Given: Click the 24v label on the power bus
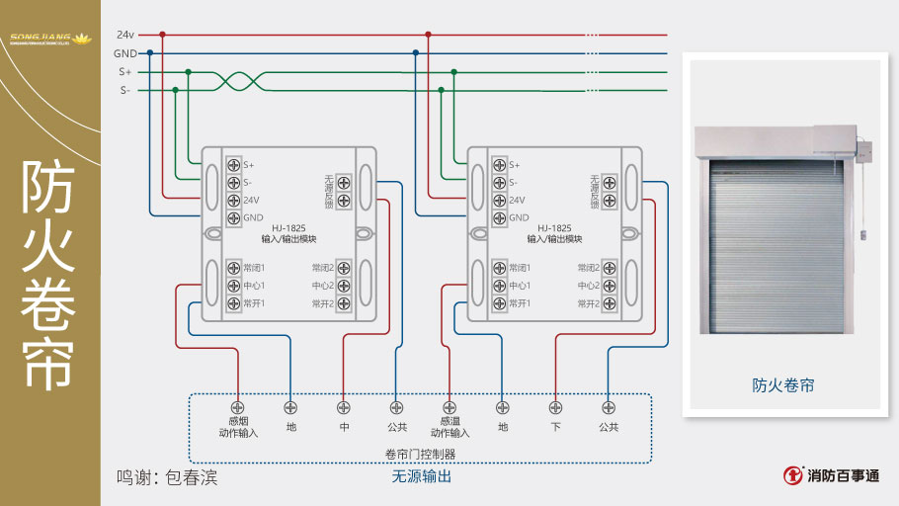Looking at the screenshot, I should pos(125,35).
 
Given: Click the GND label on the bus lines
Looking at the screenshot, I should pos(125,53).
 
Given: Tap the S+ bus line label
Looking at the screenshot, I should pos(125,71).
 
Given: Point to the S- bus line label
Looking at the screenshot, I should pos(125,90).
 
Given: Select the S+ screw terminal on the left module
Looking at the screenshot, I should pos(234,164).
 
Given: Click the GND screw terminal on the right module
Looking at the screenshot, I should pos(499,217).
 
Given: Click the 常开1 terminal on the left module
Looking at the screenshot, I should pos(234,303).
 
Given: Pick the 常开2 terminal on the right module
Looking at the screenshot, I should pos(609,303).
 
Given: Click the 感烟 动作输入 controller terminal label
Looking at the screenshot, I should pos(237,426).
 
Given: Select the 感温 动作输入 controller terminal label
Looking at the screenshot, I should pos(449,426).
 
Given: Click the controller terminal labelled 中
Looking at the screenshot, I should pos(344,406).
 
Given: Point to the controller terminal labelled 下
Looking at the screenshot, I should pos(555,406).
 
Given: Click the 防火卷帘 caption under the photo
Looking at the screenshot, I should pos(783,385).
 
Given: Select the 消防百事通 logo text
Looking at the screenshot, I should pos(842,475).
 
